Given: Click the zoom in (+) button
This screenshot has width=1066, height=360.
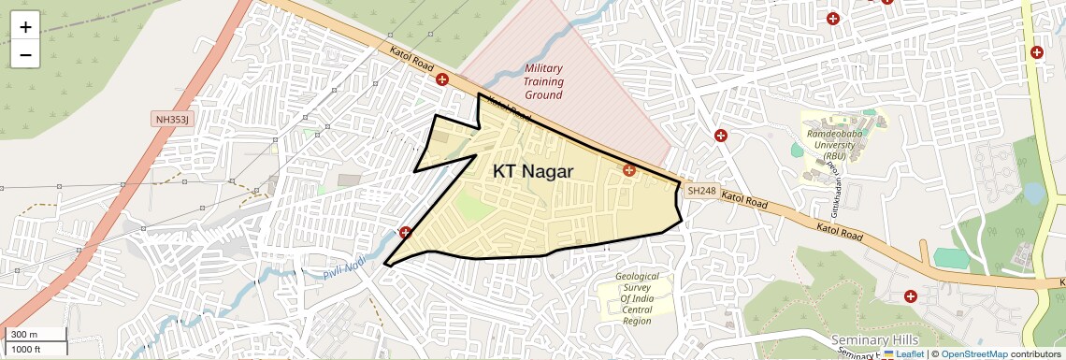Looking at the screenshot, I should [x=25, y=26].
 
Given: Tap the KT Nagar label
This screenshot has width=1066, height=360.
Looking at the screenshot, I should [x=533, y=171].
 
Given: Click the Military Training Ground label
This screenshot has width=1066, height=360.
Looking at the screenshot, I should [x=543, y=81].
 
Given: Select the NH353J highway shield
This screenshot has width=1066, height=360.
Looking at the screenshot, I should [x=171, y=120].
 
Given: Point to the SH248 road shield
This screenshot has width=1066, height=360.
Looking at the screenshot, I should [x=701, y=191].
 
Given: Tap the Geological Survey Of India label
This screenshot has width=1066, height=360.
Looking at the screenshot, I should [x=637, y=299].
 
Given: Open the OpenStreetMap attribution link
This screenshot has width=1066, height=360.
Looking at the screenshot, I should [x=973, y=354].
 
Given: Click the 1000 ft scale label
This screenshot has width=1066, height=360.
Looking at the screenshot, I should [x=26, y=350].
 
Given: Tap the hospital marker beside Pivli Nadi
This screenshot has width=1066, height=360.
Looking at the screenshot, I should [x=405, y=232].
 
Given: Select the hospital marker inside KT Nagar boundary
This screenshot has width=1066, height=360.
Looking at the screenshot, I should [x=629, y=170].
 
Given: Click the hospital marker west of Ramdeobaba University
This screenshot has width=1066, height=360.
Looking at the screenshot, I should [x=720, y=136].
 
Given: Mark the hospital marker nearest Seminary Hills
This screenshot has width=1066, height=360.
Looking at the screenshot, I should [x=910, y=296].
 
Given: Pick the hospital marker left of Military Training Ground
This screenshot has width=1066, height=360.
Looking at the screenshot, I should [x=442, y=80].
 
